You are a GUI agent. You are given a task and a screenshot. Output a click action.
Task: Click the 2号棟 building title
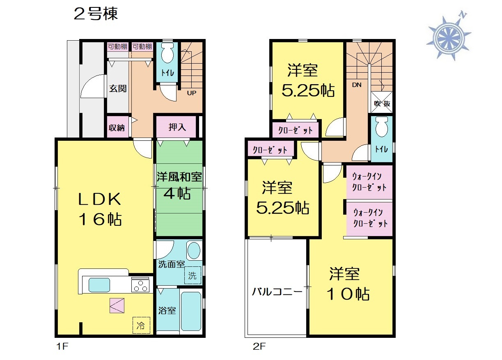[96, 14]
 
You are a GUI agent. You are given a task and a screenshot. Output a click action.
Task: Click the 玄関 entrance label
[118, 89]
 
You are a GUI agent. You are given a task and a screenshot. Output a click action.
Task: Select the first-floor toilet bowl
[167, 53]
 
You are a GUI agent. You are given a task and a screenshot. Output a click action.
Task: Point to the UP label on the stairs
[192, 93]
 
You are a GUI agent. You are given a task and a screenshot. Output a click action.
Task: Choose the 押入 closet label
[177, 127]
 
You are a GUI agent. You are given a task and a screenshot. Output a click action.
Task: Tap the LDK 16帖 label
[100, 209]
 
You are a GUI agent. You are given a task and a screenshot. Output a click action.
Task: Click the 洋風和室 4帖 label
[179, 186]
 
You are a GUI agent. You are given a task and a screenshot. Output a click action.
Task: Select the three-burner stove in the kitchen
[140, 285]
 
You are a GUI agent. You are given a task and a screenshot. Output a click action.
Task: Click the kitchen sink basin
[99, 285]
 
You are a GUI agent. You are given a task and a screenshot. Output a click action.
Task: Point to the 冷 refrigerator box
[141, 325]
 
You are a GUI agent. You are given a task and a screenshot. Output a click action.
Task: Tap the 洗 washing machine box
[193, 275]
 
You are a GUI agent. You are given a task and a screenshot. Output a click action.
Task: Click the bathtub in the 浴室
[191, 311]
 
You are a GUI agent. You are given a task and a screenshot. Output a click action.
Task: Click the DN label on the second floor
[357, 85]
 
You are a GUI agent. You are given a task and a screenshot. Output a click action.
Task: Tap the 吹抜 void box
[382, 102]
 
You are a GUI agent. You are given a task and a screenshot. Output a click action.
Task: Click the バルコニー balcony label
[277, 292]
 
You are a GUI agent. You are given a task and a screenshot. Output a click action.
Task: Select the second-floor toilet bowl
[382, 127]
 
